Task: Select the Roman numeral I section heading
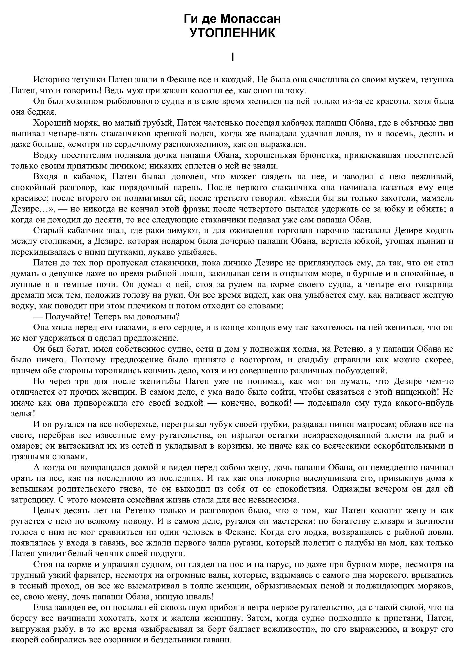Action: click(x=233, y=57)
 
